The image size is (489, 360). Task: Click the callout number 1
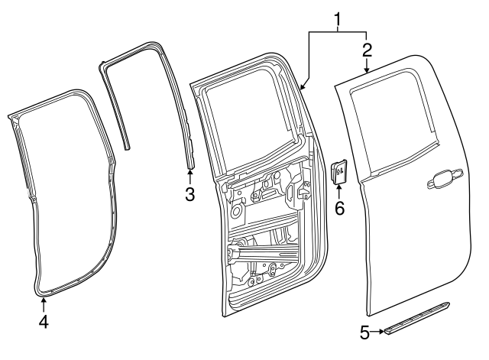(x=338, y=16)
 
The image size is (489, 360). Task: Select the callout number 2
(x=367, y=50)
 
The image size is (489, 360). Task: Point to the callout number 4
(x=44, y=322)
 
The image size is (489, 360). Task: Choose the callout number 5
(x=365, y=332)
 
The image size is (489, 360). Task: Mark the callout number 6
(x=339, y=207)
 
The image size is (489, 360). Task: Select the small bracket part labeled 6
(x=338, y=170)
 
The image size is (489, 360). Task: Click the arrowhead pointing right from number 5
(x=381, y=332)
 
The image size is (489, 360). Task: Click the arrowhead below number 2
(x=367, y=70)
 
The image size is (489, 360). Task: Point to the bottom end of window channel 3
(x=189, y=163)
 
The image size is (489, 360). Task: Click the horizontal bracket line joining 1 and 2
(x=338, y=32)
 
